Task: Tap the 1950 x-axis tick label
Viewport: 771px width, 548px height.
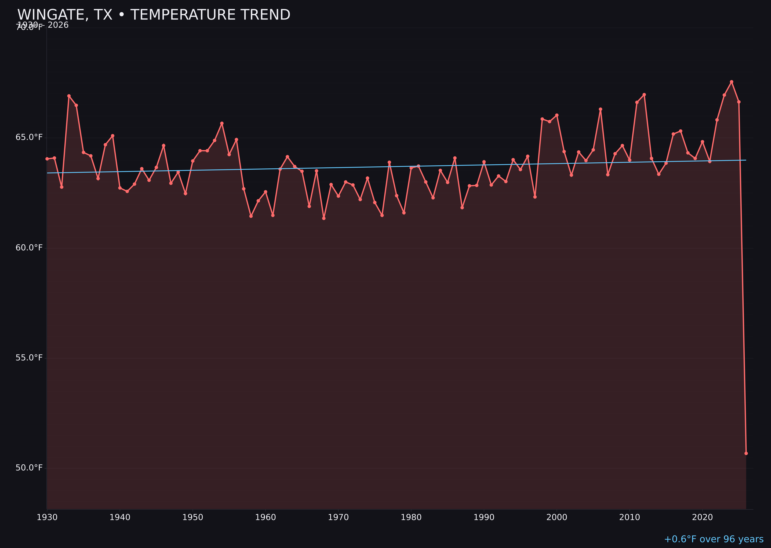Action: click(193, 517)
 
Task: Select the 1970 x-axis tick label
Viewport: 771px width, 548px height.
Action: click(338, 517)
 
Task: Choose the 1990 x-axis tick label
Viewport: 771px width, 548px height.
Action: click(484, 517)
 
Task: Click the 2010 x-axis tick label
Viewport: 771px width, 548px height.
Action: click(630, 517)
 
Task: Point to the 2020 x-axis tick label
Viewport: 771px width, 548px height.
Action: click(702, 517)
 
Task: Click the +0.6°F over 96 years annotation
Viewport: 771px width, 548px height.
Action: click(714, 539)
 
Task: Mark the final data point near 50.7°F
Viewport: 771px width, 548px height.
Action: click(746, 453)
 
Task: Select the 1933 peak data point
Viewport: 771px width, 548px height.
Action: click(69, 96)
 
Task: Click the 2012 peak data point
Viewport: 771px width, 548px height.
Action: click(644, 94)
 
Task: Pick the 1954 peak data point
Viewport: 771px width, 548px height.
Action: click(222, 123)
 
